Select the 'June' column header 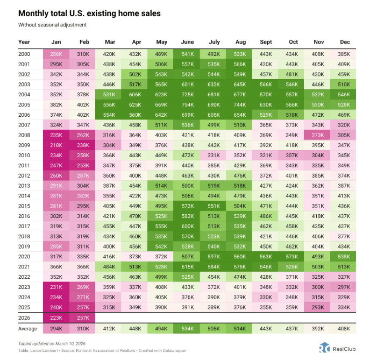188,41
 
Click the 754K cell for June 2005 188,104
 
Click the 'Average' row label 28,329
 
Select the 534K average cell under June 188,329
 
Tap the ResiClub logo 336,348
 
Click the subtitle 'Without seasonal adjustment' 52,25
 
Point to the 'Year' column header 24,41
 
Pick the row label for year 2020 24,257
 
